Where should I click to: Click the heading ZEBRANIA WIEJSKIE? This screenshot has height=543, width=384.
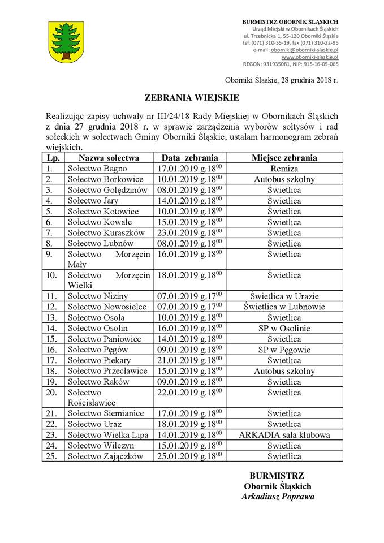[192, 97]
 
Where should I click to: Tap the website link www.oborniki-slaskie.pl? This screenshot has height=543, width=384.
[310, 57]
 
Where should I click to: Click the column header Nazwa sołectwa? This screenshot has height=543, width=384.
[107, 158]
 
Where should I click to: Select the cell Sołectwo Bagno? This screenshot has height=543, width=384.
[97, 169]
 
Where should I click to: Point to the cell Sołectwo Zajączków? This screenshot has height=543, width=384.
[105, 456]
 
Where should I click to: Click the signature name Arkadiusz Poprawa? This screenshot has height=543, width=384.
[278, 497]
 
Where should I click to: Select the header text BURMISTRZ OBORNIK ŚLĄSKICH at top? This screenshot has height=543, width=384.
[290, 21]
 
